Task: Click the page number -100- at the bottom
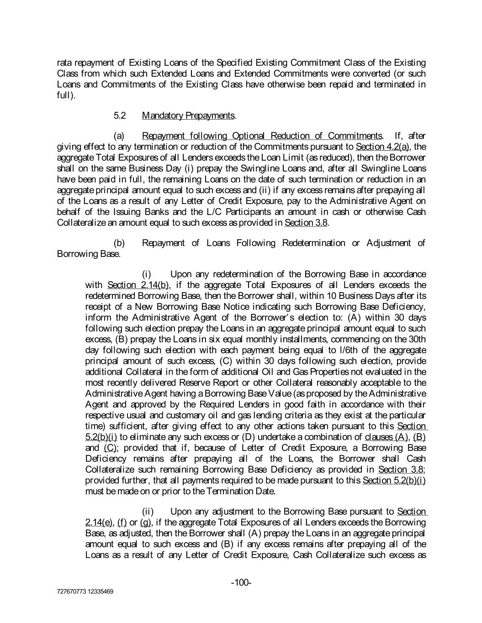click(241, 582)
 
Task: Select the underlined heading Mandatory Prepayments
click(188, 115)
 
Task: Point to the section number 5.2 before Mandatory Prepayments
click(120, 115)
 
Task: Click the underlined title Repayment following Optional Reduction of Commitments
click(262, 136)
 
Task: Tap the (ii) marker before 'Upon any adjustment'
click(148, 512)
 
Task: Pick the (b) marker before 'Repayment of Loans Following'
click(119, 243)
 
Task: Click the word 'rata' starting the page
click(64, 63)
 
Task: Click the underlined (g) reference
click(146, 522)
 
